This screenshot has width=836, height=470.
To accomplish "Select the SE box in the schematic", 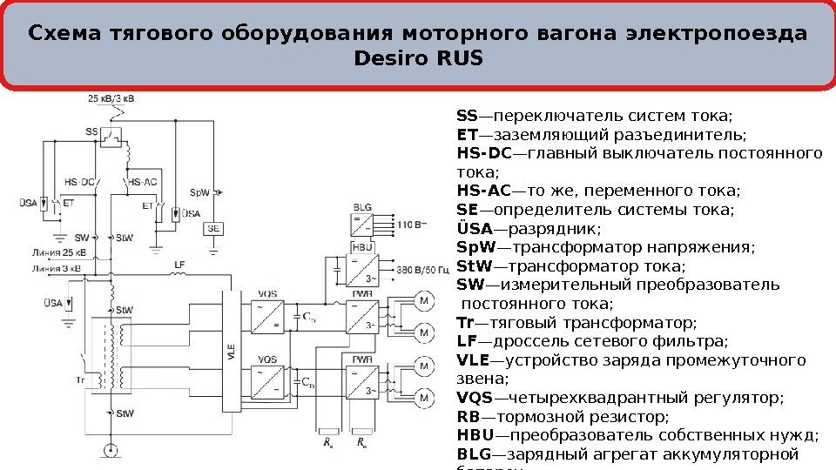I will (x=212, y=228).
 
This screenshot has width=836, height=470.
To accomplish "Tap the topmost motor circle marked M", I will (x=424, y=301).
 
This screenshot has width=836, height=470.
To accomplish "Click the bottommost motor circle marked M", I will (x=424, y=399).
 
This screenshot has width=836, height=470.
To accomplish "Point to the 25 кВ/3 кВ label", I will (x=111, y=99).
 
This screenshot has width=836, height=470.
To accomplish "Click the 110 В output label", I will (x=412, y=224).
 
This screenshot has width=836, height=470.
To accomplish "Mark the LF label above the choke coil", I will (x=179, y=263).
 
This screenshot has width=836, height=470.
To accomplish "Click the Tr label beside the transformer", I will (x=80, y=380).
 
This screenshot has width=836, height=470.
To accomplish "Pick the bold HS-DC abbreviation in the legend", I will (x=482, y=154).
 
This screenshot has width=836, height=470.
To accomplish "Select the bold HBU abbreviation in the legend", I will (x=474, y=436).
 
